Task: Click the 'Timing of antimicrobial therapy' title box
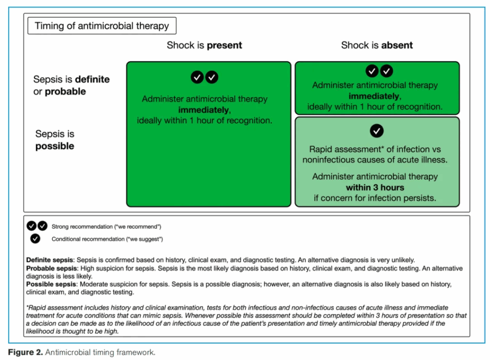tap(102, 26)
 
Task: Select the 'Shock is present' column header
tap(204, 45)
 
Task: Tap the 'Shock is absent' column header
tap(377, 45)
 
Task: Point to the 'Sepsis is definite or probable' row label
tap(71, 85)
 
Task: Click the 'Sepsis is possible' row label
tap(55, 140)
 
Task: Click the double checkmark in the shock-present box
tap(204, 77)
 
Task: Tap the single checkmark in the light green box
tap(377, 131)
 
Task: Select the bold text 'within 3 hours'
tap(375, 187)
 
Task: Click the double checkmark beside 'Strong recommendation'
tap(37, 226)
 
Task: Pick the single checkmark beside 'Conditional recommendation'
tap(34, 239)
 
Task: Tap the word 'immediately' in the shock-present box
tap(204, 110)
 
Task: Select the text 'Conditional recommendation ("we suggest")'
tap(107, 239)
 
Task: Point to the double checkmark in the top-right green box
tap(379, 71)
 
